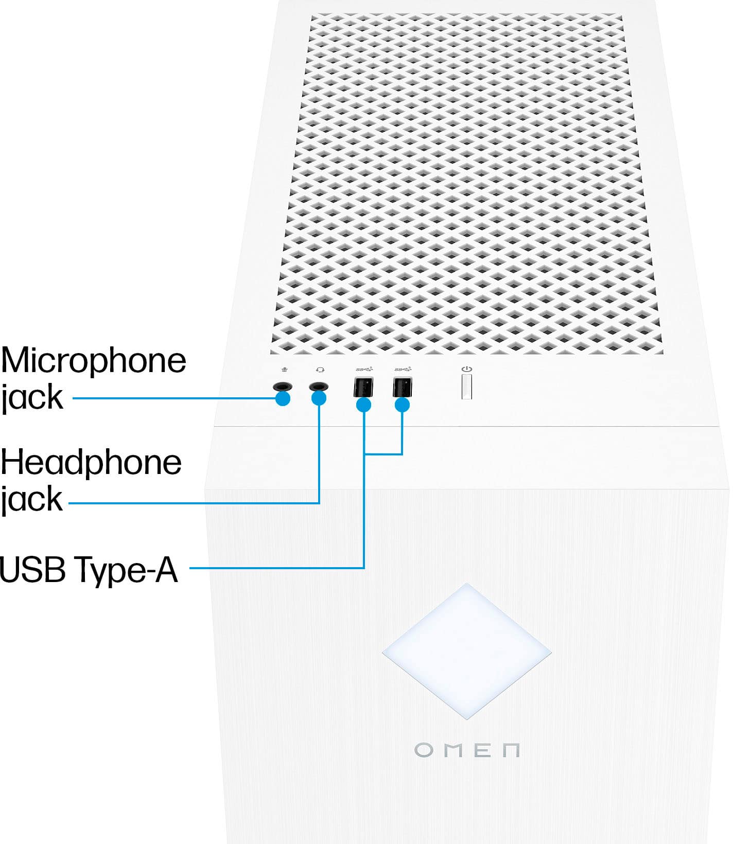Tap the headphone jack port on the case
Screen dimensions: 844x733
(x=319, y=386)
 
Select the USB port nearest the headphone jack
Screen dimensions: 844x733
(x=363, y=387)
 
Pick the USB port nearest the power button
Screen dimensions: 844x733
(x=402, y=386)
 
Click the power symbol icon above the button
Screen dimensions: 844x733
(x=467, y=369)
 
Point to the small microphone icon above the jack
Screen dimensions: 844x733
(x=284, y=370)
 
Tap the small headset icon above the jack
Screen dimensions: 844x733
(x=320, y=370)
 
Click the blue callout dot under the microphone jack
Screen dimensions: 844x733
(x=283, y=399)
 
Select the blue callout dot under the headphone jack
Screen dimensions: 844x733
(x=319, y=399)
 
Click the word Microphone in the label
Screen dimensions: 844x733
(x=93, y=361)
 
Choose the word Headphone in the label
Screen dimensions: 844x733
(x=91, y=463)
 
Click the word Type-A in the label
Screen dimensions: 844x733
(x=126, y=570)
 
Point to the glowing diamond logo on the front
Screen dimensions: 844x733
(x=466, y=650)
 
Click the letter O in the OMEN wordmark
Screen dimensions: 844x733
(x=424, y=750)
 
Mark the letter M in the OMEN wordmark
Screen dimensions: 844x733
(x=455, y=750)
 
